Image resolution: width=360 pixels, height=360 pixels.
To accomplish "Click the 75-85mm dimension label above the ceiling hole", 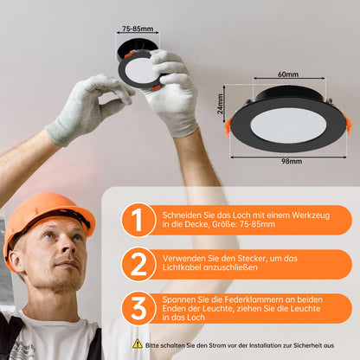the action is click(x=138, y=29).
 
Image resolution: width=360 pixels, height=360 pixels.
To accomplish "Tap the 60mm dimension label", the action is click(x=288, y=74).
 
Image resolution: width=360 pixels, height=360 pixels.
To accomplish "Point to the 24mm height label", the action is click(x=221, y=104).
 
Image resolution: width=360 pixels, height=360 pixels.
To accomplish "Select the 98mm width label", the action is click(x=292, y=161).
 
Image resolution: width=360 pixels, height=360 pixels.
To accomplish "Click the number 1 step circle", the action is click(x=138, y=220).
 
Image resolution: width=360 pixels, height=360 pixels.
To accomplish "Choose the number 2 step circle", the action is click(x=138, y=264).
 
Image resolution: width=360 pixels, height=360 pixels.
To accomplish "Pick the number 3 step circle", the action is click(x=138, y=308).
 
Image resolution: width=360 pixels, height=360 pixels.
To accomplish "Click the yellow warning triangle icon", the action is click(x=138, y=344).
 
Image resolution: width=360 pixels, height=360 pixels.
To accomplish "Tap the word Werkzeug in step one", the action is click(x=311, y=215).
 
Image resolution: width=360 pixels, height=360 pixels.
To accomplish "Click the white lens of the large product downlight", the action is click(x=288, y=126).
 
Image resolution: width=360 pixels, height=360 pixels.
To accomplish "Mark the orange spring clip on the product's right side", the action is click(x=347, y=124).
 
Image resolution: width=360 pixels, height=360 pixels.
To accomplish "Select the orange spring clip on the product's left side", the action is click(x=228, y=125).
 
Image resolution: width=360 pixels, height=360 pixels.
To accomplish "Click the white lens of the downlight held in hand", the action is click(x=139, y=71).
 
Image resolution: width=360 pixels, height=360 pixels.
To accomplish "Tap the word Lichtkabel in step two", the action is click(x=182, y=267).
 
